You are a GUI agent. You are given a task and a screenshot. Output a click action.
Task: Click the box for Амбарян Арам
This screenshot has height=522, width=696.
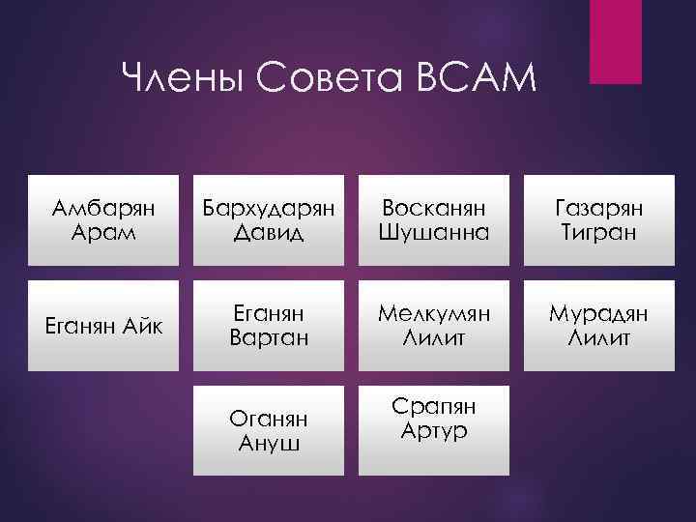coord(96,220)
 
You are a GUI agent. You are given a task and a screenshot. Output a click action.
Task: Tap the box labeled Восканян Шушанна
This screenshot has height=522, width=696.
coord(435,220)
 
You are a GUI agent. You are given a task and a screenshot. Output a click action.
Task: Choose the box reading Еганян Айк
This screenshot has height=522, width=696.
coord(96,326)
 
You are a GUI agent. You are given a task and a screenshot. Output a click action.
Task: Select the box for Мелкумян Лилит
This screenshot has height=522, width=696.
coord(435,326)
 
